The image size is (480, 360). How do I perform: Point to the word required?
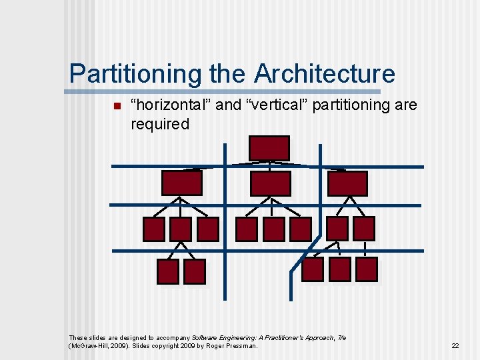click(x=160, y=124)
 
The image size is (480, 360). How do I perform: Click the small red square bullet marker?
click(x=116, y=107)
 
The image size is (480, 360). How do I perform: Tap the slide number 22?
click(x=455, y=346)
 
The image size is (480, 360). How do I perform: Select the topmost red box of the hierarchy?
click(x=269, y=148)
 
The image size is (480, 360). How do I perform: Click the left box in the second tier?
click(x=181, y=183)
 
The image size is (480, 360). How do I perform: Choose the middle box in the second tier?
click(x=270, y=183)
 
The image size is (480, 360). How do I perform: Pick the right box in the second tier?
click(x=347, y=183)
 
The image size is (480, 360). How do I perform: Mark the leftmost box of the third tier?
click(x=154, y=229)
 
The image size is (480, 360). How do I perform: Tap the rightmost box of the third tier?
click(x=363, y=229)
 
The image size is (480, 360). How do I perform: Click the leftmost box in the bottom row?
click(x=167, y=271)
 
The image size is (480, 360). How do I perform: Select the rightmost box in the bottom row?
click(x=367, y=269)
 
